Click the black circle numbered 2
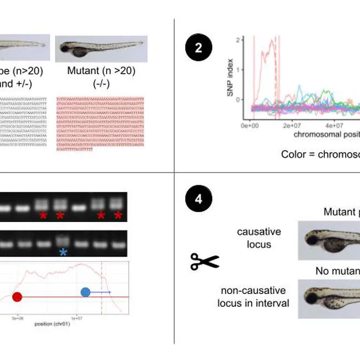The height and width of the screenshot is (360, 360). pyautogui.click(x=198, y=48)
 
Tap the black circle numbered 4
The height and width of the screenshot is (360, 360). pyautogui.click(x=198, y=198)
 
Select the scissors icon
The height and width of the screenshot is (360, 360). pyautogui.click(x=204, y=262)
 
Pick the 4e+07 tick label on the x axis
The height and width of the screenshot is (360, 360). pyautogui.click(x=334, y=125)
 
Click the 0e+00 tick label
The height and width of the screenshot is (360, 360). pyautogui.click(x=250, y=125)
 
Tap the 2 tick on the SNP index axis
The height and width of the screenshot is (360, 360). pyautogui.click(x=237, y=40)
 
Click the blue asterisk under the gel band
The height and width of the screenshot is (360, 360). pyautogui.click(x=64, y=252)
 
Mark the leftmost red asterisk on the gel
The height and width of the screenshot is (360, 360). pyautogui.click(x=43, y=215)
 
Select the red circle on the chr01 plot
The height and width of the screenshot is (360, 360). pyautogui.click(x=17, y=297)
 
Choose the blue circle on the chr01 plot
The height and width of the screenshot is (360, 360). pyautogui.click(x=85, y=292)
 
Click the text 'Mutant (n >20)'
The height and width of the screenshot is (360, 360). pyautogui.click(x=101, y=71)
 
